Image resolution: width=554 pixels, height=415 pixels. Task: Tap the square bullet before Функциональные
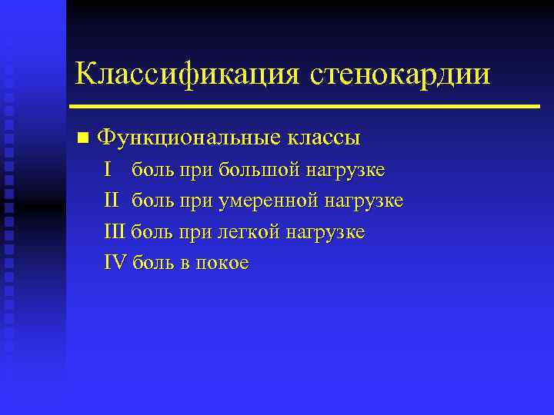click(x=82, y=139)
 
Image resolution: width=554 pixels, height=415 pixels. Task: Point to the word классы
click(x=323, y=138)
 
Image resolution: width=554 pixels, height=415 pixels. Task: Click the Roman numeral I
click(x=108, y=169)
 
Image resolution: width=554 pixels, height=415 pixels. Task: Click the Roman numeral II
click(x=112, y=201)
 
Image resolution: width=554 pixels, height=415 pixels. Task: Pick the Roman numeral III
click(x=115, y=231)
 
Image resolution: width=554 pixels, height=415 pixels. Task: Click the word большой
click(x=259, y=170)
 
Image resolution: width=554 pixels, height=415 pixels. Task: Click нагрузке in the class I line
click(x=345, y=170)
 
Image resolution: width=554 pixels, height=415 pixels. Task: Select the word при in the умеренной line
click(x=197, y=201)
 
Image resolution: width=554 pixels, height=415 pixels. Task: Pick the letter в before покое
click(x=185, y=264)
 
